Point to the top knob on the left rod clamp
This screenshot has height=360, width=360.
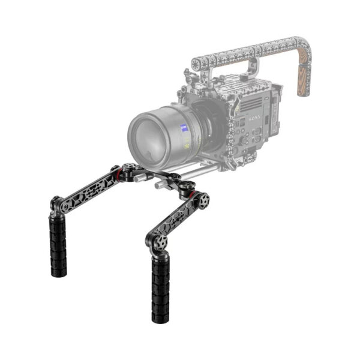pos(132,170)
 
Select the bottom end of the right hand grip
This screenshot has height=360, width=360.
pos(161,317)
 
